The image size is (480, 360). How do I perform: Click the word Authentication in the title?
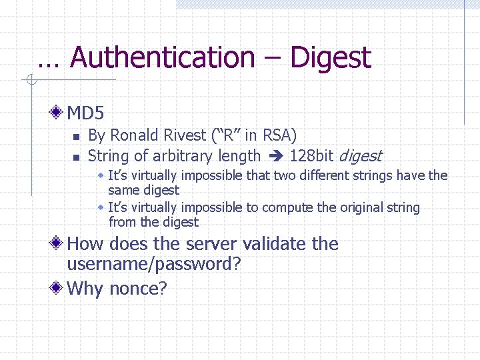click(162, 57)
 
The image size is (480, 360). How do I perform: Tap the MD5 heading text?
click(86, 113)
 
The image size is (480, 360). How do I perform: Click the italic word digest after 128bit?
click(361, 157)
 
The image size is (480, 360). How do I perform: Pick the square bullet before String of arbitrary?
click(76, 158)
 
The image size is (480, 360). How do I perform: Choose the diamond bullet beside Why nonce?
click(59, 288)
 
